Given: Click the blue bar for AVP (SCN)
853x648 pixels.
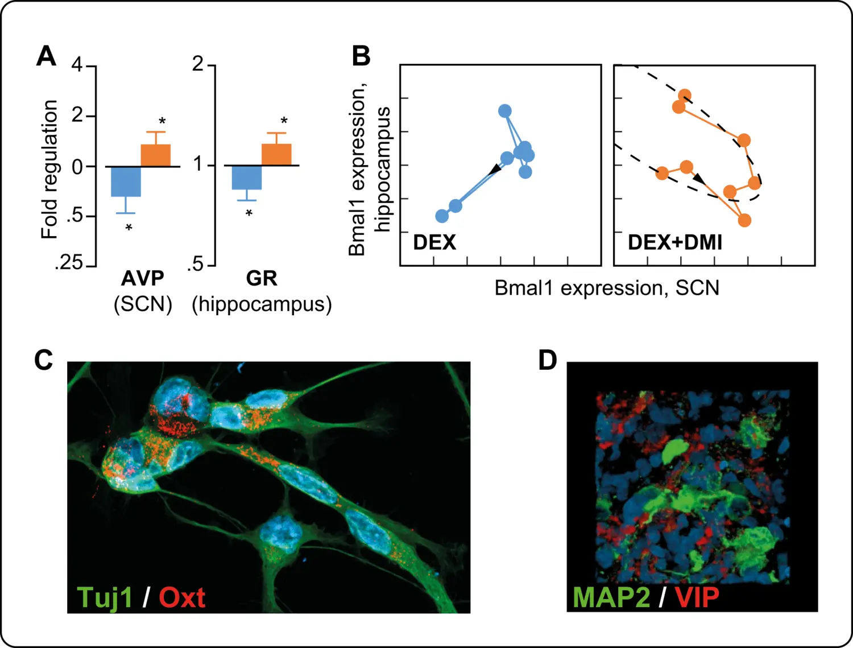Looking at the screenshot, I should [126, 181].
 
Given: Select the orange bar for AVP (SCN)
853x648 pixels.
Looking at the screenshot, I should [156, 155].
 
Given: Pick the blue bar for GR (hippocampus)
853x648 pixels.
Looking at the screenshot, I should [247, 178].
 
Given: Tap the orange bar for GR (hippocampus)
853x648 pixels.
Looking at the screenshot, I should [276, 155].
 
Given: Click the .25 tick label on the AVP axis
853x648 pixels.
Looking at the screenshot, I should [69, 263].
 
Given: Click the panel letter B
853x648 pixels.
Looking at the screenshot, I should [361, 56].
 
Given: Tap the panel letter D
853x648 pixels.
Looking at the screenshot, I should [548, 360].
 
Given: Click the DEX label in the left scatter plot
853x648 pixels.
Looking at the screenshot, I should [434, 242].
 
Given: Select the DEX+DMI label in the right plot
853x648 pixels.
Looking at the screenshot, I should [674, 242].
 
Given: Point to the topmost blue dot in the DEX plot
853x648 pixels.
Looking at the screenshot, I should [504, 111].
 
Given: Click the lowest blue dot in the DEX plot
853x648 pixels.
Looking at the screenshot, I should [442, 216].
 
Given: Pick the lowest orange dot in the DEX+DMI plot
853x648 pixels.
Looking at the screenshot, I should [744, 220].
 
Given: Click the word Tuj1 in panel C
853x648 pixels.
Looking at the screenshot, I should [105, 597].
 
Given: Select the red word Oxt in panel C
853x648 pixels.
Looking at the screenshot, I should [182, 597].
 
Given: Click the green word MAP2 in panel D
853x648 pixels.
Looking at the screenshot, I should [611, 597].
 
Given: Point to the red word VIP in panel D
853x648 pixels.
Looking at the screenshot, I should [697, 597].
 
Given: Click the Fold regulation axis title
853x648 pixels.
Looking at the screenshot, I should [50, 170].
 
